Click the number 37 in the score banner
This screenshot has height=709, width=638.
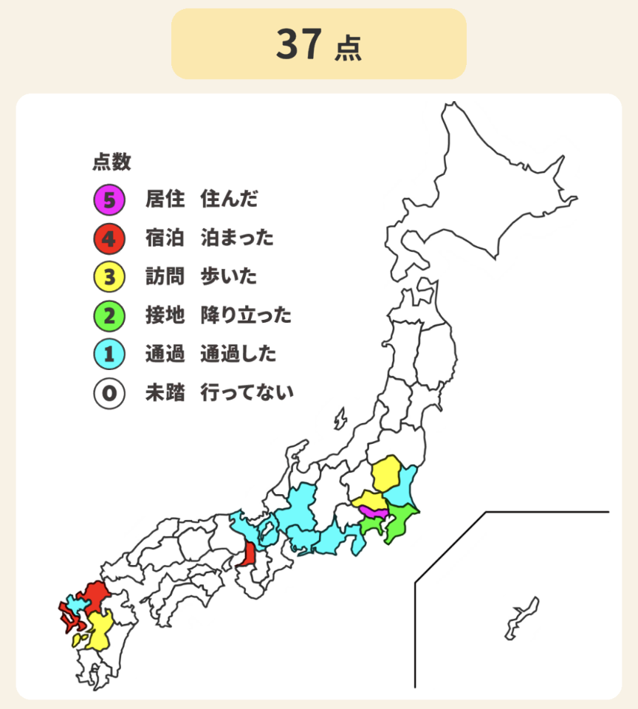pyautogui.click(x=299, y=44)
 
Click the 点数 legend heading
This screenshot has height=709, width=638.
pyautogui.click(x=112, y=162)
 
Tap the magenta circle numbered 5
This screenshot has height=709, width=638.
pyautogui.click(x=109, y=199)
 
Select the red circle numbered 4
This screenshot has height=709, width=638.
pyautogui.click(x=109, y=238)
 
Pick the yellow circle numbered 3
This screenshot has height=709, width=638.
pyautogui.click(x=109, y=277)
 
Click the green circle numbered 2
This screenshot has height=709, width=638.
pyautogui.click(x=109, y=316)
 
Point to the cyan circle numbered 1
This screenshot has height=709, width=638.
pyautogui.click(x=109, y=354)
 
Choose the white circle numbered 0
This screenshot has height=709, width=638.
pyautogui.click(x=109, y=393)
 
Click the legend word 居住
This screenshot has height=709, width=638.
pyautogui.click(x=165, y=199)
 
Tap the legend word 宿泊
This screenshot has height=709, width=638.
pyautogui.click(x=165, y=238)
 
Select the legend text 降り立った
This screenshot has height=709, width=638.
pyautogui.click(x=246, y=316)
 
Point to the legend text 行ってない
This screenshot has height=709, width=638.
pyautogui.click(x=247, y=393)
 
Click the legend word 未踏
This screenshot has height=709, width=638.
pyautogui.click(x=165, y=393)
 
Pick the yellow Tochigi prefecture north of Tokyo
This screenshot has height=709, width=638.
pyautogui.click(x=387, y=474)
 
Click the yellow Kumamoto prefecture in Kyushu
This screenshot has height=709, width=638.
pyautogui.click(x=100, y=628)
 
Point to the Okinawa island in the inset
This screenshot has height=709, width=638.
pyautogui.click(x=521, y=617)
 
